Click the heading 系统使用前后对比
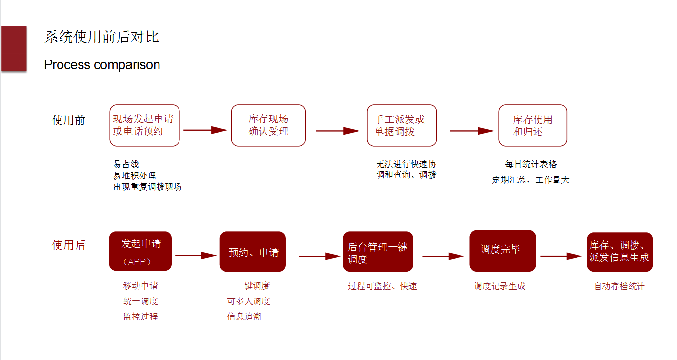tap(101, 37)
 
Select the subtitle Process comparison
tap(102, 65)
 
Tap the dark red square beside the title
tap(14, 49)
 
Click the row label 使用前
tap(69, 120)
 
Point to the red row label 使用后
tap(69, 245)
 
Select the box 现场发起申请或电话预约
tap(144, 125)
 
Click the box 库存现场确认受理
tap(268, 125)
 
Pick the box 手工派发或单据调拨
tap(401, 125)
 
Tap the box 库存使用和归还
tap(533, 125)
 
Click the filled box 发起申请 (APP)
tap(140, 251)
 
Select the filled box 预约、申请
tap(253, 252)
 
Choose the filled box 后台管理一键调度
tap(378, 252)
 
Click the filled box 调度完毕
tap(502, 251)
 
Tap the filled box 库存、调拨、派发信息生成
tap(619, 252)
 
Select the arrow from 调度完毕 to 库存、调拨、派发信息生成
tap(561, 256)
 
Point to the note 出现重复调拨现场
tap(147, 187)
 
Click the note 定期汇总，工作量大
tap(531, 180)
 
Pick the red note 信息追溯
tap(244, 317)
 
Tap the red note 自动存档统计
tap(619, 286)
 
